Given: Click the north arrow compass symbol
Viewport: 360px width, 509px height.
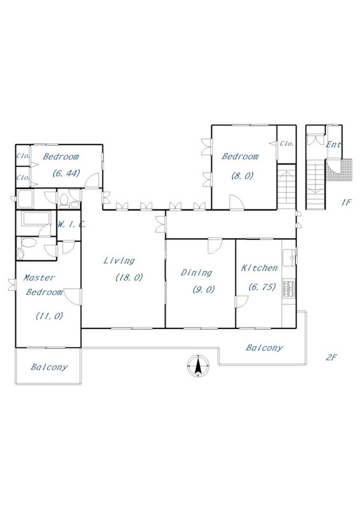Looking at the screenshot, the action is pos(198,366).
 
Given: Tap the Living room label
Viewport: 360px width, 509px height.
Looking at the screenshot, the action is pos(119,261).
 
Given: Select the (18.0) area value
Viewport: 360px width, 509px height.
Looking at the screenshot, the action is pos(129,277).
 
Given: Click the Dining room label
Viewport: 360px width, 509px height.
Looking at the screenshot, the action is pos(197,273).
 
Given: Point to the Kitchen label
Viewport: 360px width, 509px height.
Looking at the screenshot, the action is pos(260,268).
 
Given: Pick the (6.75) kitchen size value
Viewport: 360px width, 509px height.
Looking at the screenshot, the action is pos(262,287).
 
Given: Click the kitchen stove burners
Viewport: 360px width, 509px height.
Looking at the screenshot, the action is pos(289,288).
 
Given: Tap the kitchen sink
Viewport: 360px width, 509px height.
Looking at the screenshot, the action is pos(289,258).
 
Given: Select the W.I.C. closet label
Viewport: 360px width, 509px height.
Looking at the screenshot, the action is pos(71,224).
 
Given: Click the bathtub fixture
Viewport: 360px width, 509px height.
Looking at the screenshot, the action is pos(36,218).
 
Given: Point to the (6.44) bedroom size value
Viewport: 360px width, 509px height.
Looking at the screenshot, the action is pos(66,173).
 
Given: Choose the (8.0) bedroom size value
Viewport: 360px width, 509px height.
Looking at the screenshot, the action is pos(242,176).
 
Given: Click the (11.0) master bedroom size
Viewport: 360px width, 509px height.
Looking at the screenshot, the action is pos(50,316).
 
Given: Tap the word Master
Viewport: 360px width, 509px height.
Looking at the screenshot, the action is pos(39,278).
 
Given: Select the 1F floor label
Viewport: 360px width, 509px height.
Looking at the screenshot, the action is pos(346,202).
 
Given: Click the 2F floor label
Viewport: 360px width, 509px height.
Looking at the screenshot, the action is pos(331,358).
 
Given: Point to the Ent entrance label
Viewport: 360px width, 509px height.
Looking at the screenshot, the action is pos(334,145).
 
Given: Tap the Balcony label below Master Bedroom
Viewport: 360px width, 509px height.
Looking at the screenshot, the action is pos(49,367).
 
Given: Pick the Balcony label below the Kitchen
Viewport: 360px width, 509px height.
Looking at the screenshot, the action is pos(264,348).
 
